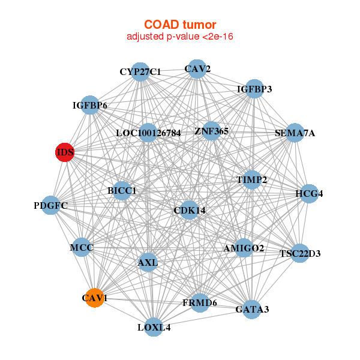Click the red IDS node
(64, 152)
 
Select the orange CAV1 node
(94, 298)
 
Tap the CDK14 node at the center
(189, 210)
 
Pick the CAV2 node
(197, 69)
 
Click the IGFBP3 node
(254, 89)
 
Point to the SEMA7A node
(294, 133)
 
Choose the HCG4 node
(309, 194)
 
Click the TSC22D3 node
(300, 253)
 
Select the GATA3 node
(252, 309)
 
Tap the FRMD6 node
(200, 302)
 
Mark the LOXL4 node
(154, 327)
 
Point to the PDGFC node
(51, 205)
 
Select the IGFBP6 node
(90, 106)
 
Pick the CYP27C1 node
(140, 72)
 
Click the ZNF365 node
(211, 130)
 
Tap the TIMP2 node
(252, 179)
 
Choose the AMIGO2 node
(244, 247)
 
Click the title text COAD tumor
(179, 25)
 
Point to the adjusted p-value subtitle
(179, 37)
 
